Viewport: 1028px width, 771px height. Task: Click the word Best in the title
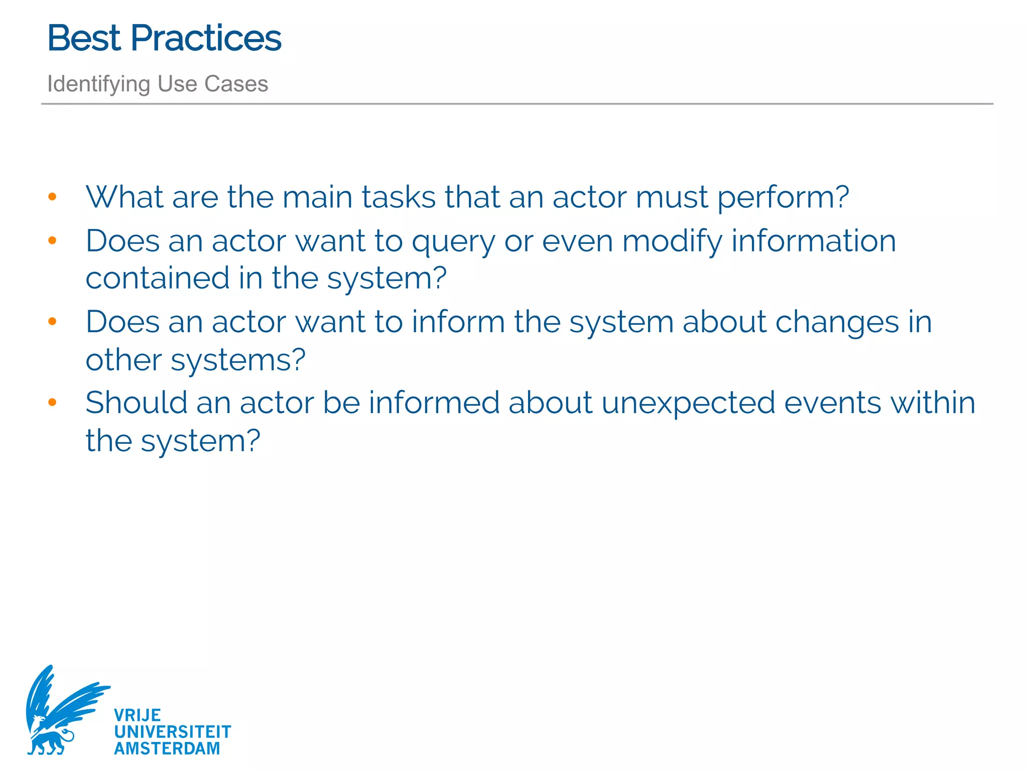tap(84, 38)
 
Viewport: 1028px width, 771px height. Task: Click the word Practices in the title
tap(206, 38)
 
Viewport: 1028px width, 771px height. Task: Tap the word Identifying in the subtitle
tap(98, 84)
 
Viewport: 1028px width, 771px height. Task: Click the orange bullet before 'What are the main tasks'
tap(52, 197)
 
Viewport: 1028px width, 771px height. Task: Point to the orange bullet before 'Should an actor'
tap(52, 402)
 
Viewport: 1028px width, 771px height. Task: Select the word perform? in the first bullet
tap(783, 198)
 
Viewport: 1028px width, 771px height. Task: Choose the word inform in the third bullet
tap(458, 322)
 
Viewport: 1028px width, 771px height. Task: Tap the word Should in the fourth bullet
tap(137, 403)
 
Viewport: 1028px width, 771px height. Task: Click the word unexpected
tap(688, 404)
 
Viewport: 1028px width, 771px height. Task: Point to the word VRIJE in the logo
tap(137, 715)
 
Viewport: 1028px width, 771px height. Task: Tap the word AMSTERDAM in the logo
tap(167, 748)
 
